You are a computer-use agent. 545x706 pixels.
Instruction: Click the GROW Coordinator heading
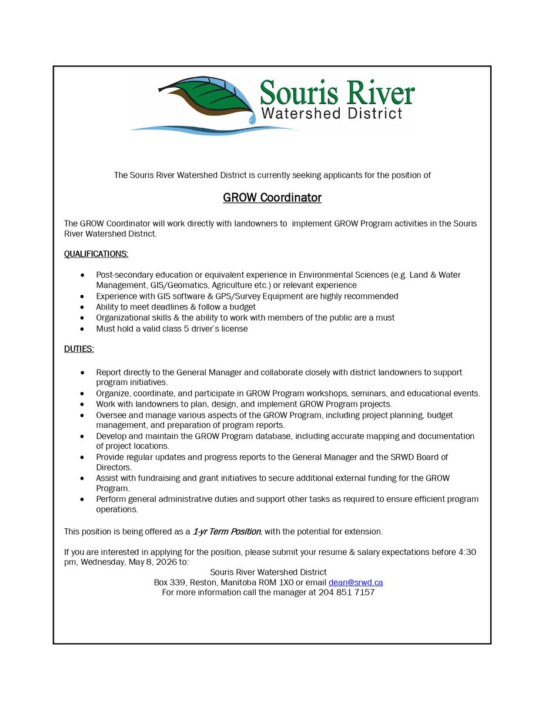point(272,198)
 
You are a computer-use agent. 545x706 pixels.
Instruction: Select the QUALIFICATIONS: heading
point(96,254)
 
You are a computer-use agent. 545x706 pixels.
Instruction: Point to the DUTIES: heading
point(79,349)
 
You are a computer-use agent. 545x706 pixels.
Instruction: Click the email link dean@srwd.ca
point(356,582)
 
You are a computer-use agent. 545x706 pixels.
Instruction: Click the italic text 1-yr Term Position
point(227,532)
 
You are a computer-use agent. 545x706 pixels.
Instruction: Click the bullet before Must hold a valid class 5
point(82,329)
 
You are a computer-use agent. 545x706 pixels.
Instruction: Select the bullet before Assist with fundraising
point(82,478)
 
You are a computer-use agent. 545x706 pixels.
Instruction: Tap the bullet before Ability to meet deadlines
point(82,307)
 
